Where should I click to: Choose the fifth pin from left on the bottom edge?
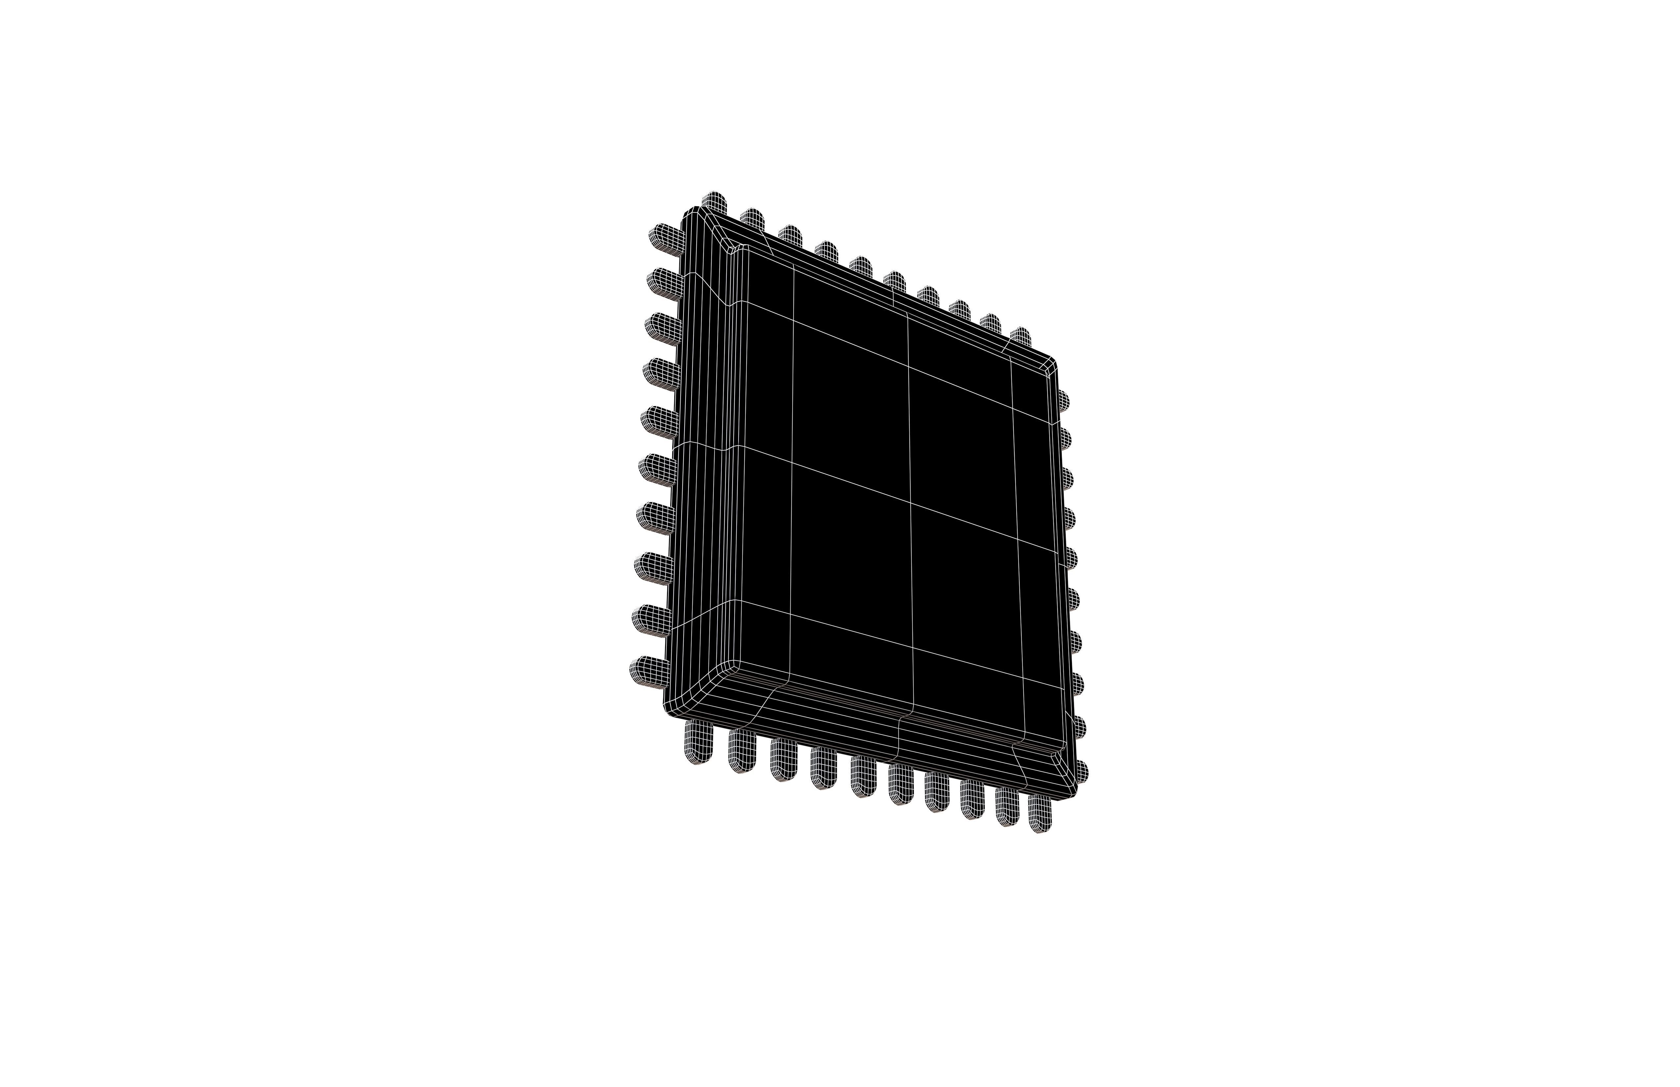(x=863, y=776)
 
